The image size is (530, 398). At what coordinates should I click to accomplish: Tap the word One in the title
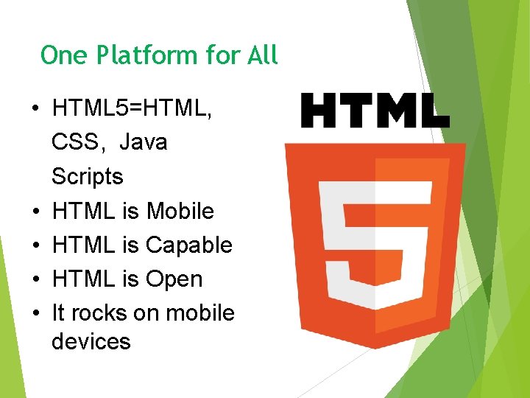[60, 55]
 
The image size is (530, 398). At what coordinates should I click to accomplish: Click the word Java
[143, 142]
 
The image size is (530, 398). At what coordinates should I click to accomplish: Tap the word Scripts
[88, 177]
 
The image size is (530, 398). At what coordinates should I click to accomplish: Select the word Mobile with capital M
[180, 212]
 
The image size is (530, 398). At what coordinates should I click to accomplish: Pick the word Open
[174, 279]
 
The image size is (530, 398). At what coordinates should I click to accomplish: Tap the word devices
[91, 342]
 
